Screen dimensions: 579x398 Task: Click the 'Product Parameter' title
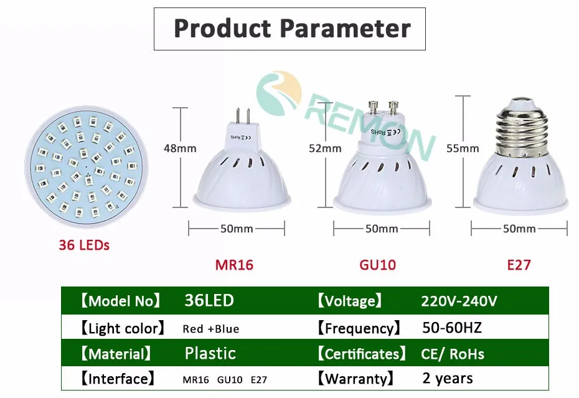(x=292, y=28)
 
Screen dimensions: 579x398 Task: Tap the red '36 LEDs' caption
(x=84, y=245)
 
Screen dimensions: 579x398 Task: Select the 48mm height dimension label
(x=180, y=149)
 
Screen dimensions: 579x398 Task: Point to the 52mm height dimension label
(x=325, y=149)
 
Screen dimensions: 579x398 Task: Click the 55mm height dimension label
(x=463, y=149)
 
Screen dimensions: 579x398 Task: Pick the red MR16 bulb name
(x=234, y=265)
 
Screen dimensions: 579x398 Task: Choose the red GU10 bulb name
(x=378, y=265)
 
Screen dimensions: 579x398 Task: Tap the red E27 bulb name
(x=519, y=265)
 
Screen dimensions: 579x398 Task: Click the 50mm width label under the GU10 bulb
(x=382, y=229)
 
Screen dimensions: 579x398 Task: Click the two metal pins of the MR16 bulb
(x=243, y=116)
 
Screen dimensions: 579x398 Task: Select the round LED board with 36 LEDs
(x=87, y=167)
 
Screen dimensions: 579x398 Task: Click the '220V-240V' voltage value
(x=459, y=301)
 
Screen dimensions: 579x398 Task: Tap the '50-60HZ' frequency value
(x=452, y=328)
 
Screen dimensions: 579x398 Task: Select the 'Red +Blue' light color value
(x=211, y=329)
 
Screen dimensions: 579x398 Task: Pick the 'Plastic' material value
(x=210, y=354)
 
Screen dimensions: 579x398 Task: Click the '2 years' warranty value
(x=448, y=379)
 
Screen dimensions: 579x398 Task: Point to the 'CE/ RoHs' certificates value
(x=453, y=354)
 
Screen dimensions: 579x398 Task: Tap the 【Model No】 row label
(x=121, y=301)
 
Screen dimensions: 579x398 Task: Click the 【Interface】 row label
(x=118, y=379)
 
